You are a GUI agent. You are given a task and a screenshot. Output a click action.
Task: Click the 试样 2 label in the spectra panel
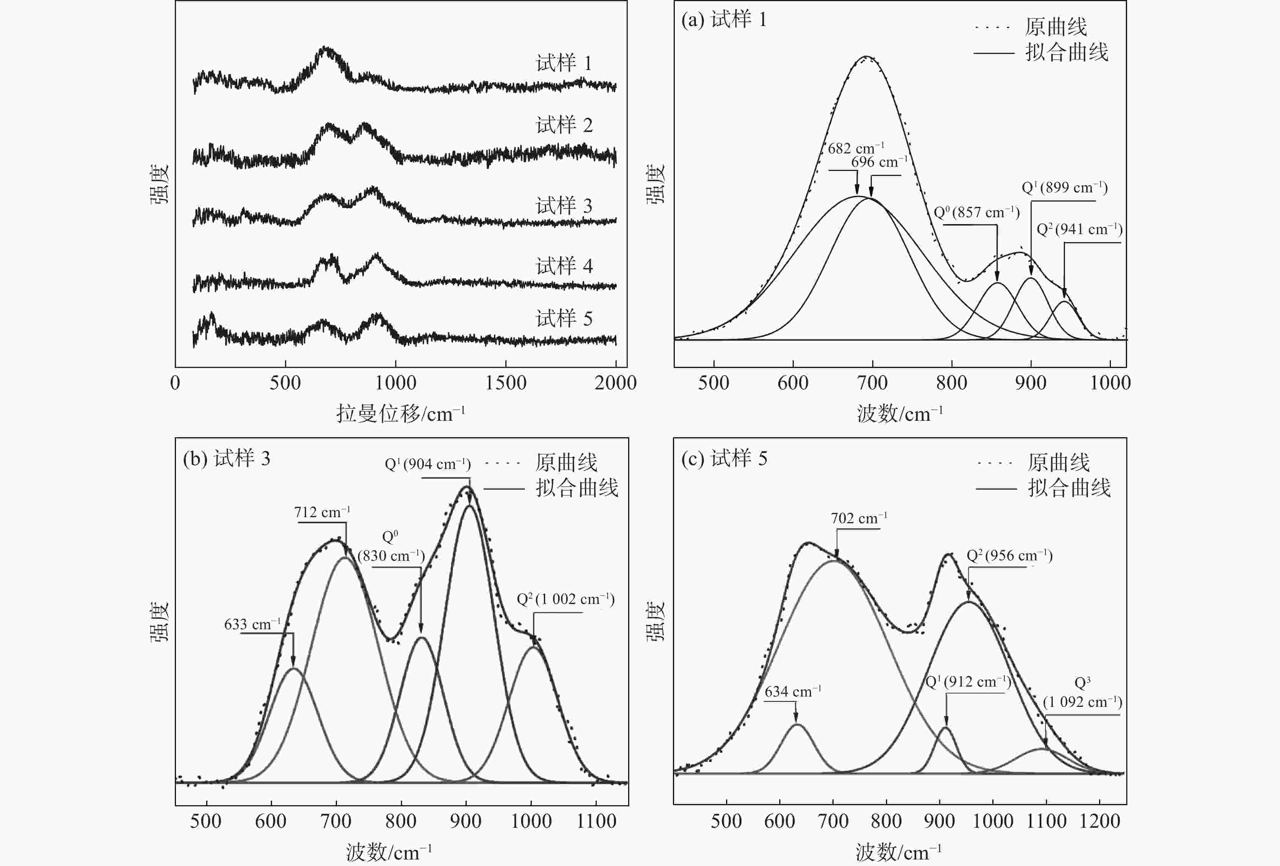[x=564, y=125]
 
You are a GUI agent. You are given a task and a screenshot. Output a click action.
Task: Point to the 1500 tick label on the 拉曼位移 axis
[x=506, y=383]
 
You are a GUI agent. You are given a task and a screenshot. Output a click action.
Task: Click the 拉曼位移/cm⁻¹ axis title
[x=401, y=413]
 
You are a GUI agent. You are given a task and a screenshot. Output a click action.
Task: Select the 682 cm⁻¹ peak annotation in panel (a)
[x=856, y=148]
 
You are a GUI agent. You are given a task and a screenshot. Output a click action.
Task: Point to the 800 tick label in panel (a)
[x=951, y=383]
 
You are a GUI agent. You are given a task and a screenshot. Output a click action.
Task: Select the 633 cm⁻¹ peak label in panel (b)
[x=252, y=624]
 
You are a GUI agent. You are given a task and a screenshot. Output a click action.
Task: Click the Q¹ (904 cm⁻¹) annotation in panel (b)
[x=427, y=464]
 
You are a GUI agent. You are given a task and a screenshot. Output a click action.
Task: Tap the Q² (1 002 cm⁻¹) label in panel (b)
[x=565, y=599]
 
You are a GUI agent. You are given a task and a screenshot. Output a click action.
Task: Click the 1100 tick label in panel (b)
[x=596, y=821]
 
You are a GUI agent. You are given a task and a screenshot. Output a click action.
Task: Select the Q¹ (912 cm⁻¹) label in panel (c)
[x=968, y=682]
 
